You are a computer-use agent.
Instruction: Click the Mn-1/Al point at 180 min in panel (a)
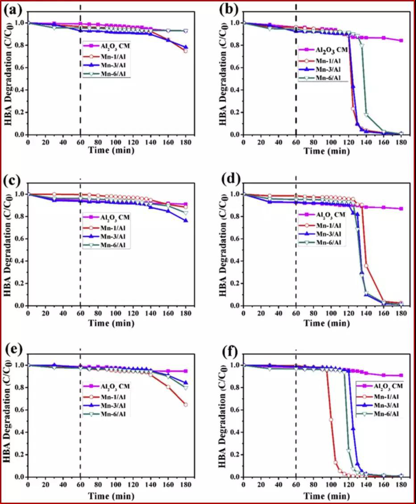pyautogui.click(x=185, y=51)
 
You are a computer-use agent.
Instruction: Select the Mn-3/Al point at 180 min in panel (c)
pyautogui.click(x=185, y=221)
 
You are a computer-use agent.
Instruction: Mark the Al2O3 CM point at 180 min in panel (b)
pyautogui.click(x=401, y=41)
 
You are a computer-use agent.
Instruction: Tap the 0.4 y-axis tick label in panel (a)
pyautogui.click(x=19, y=90)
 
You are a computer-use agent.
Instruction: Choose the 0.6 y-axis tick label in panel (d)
pyautogui.click(x=234, y=238)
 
